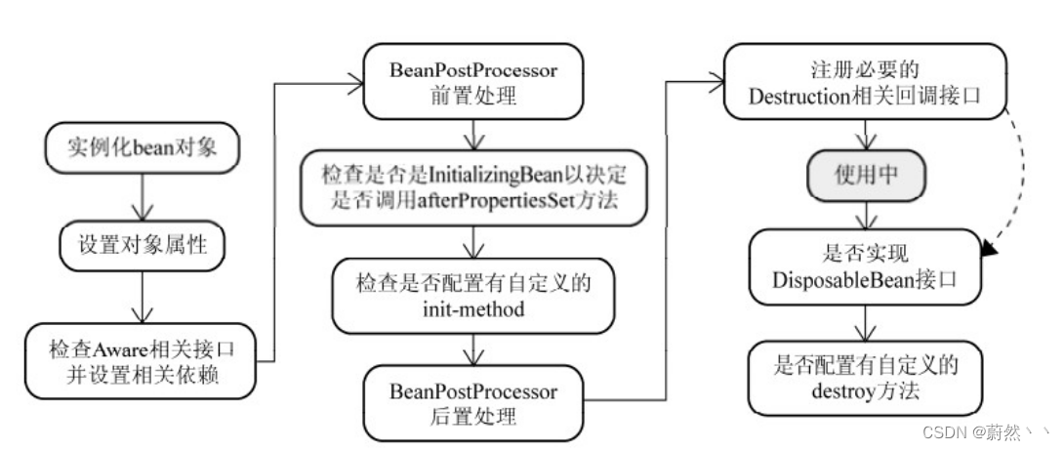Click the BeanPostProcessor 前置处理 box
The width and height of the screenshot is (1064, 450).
[473, 84]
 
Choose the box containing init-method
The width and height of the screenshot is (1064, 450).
[473, 296]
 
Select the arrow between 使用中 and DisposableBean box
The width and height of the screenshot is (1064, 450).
[865, 215]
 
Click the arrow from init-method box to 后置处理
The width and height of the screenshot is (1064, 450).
[473, 349]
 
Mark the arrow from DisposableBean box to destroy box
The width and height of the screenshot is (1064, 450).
[865, 324]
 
